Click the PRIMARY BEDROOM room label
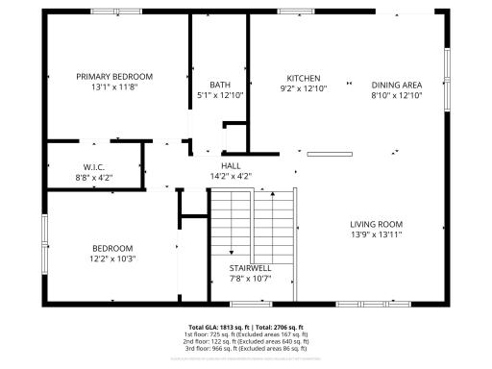point(114,76)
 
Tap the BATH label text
point(220,85)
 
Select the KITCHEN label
point(304,78)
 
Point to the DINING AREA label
point(397,85)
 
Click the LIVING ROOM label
point(376,224)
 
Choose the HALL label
point(231,165)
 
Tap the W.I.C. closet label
point(93,166)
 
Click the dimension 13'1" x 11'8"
point(114,87)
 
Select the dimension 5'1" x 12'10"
point(220,95)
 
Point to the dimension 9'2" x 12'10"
point(304,88)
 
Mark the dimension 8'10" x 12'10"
point(397,95)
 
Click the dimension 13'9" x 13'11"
point(376,234)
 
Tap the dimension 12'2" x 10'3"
point(112,258)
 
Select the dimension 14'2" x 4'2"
point(231,176)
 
